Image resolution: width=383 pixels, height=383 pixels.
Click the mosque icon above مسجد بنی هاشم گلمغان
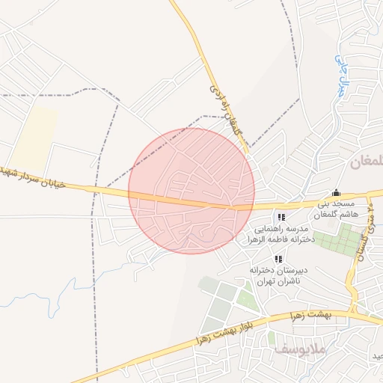pos(336,191)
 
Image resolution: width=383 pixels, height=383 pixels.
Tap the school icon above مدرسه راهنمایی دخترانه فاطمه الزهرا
pos(281,217)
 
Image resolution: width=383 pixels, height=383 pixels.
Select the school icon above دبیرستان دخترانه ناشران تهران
pos(278,259)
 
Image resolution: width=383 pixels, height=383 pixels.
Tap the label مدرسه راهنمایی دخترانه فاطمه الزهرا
pos(281,235)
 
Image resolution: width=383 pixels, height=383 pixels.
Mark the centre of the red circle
pos(191,191)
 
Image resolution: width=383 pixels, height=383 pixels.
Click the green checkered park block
pos(338,242)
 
